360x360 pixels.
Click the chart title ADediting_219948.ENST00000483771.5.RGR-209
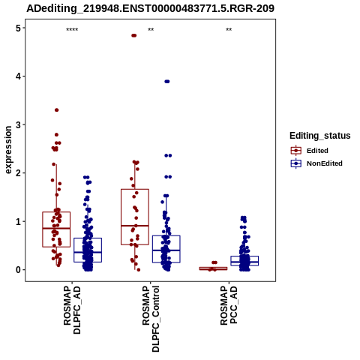point(150,8)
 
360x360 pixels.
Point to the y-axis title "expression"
point(8,150)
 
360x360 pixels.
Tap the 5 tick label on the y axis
point(18,28)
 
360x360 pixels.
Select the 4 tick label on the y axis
point(18,76)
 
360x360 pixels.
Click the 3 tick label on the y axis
point(18,124)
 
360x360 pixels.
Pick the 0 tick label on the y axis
point(18,270)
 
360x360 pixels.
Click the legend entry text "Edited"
point(317,151)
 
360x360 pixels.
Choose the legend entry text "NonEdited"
point(325,163)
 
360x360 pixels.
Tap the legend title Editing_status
point(319,136)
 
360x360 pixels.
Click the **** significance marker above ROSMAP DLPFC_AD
point(72,30)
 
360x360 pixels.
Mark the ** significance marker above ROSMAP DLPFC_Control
point(151,30)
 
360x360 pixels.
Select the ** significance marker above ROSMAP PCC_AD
point(229,30)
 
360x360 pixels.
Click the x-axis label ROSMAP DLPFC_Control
point(151,319)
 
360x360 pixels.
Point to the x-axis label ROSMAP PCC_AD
point(229,305)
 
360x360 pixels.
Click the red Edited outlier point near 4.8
point(134,35)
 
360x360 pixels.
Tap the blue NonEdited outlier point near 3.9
point(167,82)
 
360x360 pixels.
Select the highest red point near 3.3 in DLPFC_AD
point(57,110)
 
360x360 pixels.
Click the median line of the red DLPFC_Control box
point(135,226)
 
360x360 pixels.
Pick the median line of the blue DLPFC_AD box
point(88,252)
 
